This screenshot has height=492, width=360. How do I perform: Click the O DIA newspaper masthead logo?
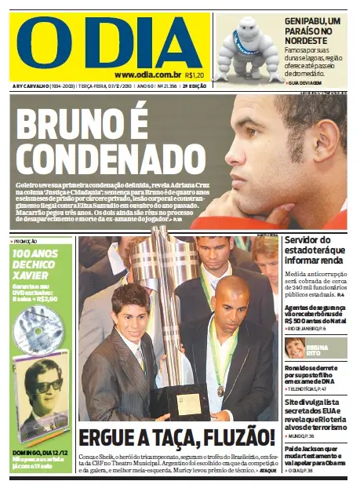point(108,40)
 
